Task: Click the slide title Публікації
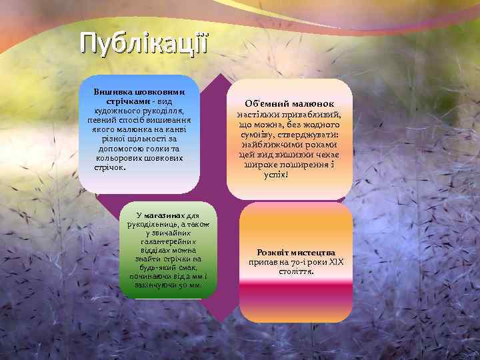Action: pyautogui.click(x=144, y=42)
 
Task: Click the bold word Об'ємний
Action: pyautogui.click(x=267, y=105)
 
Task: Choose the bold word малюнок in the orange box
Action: pyautogui.click(x=312, y=105)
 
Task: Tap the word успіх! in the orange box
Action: pyautogui.click(x=275, y=175)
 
